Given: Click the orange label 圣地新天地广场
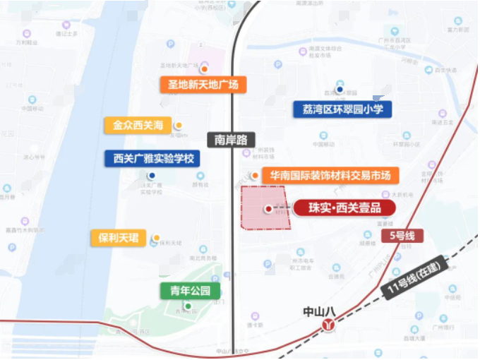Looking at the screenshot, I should point(203,85).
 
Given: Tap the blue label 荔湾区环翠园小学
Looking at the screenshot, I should point(342,109).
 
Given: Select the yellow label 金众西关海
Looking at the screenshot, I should point(138,126).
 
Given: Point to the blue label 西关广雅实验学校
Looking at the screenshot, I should point(152,158).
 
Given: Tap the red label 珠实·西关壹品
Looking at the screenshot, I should point(342,208).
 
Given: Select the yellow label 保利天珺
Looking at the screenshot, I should point(118,238).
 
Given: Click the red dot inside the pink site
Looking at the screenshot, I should point(268,208).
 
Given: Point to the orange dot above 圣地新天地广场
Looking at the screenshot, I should point(204,69).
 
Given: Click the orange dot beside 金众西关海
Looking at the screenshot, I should point(179,126).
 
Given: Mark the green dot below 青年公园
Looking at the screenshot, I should point(188,306).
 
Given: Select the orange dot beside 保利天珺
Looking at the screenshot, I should point(157,238).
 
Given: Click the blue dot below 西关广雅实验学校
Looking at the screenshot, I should point(151,176).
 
